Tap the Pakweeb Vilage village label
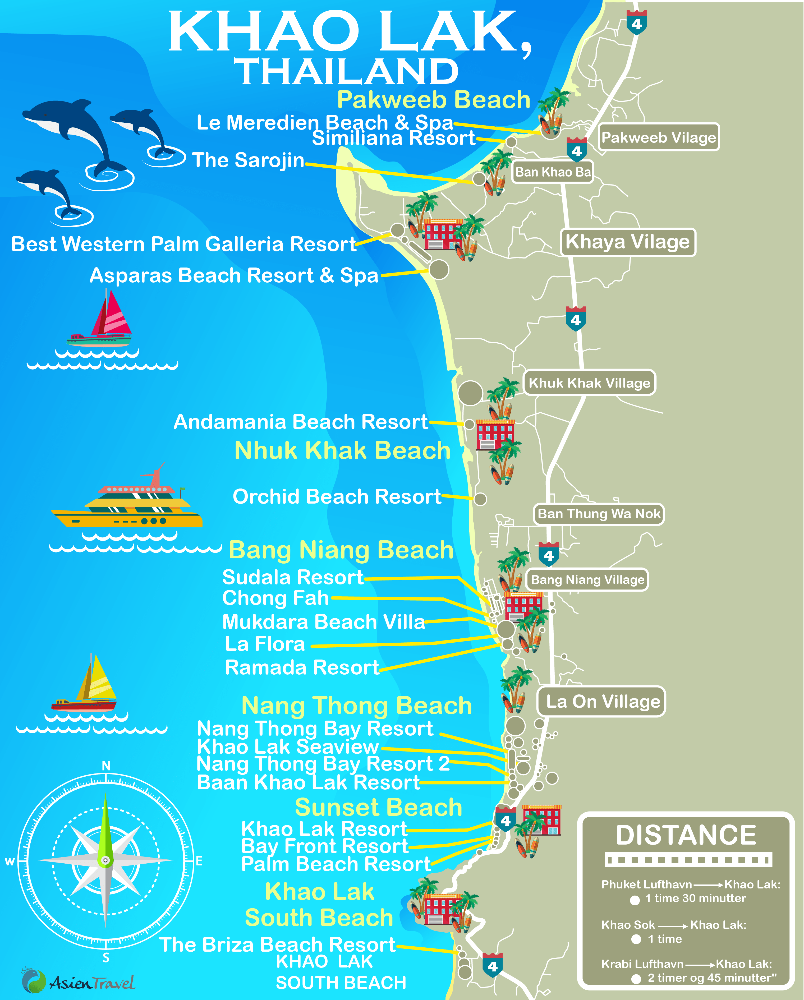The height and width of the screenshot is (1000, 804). [658, 137]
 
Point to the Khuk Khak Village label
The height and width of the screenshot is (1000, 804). [589, 383]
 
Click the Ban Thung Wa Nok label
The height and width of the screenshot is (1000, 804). [599, 514]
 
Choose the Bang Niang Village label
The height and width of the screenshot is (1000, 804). [587, 580]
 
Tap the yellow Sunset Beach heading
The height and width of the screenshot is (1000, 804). [379, 808]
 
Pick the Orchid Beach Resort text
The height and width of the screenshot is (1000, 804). [337, 497]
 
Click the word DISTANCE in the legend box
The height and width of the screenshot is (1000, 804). [686, 835]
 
